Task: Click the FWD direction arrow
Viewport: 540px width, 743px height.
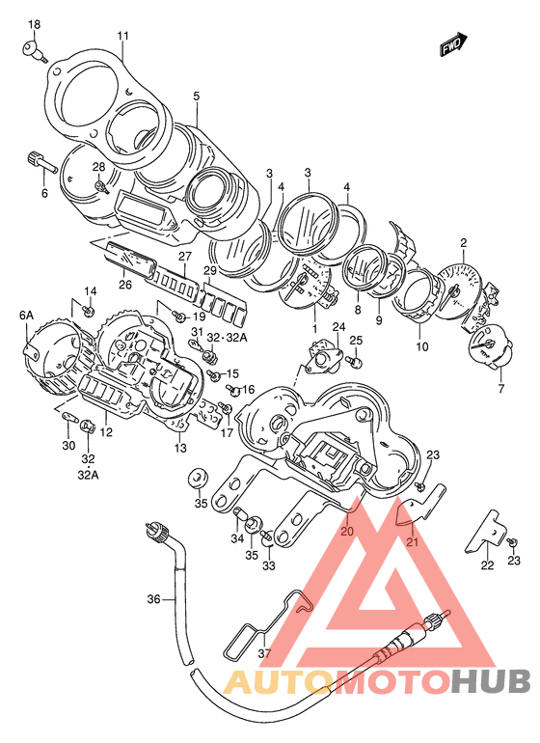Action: click(454, 44)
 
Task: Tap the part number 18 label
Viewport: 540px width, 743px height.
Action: click(34, 24)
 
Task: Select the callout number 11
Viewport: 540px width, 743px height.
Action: click(123, 36)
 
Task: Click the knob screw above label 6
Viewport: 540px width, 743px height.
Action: click(42, 161)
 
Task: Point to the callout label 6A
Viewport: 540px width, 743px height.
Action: click(27, 316)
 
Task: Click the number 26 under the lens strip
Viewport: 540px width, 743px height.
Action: click(125, 285)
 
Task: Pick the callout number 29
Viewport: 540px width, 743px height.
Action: click(210, 270)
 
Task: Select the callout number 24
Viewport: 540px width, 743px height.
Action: click(338, 326)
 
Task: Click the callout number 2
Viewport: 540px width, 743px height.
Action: click(463, 243)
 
